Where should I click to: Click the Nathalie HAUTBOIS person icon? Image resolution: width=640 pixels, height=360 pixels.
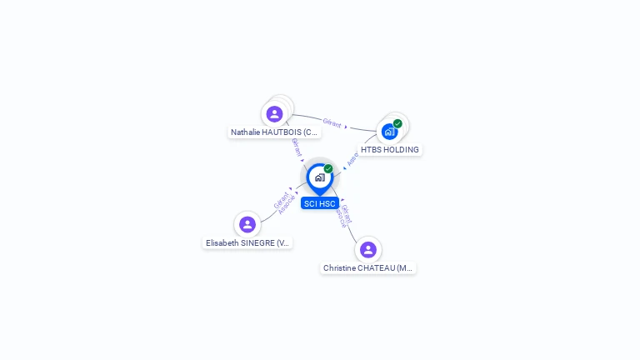pyautogui.click(x=274, y=114)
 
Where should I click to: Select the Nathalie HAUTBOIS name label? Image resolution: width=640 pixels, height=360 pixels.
pyautogui.click(x=274, y=132)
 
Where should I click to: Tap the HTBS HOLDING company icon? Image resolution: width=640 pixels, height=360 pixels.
pyautogui.click(x=389, y=132)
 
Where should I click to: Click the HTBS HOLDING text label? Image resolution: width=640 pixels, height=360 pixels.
pyautogui.click(x=390, y=150)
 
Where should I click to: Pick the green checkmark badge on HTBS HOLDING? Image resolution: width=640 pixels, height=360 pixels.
pyautogui.click(x=398, y=124)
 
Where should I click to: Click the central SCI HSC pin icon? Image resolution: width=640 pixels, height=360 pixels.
pyautogui.click(x=319, y=177)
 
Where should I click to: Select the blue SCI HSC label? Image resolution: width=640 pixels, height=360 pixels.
pyautogui.click(x=320, y=203)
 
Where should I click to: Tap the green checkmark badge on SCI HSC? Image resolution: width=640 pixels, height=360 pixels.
pyautogui.click(x=328, y=169)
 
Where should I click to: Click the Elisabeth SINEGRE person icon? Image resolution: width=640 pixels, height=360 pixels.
pyautogui.click(x=247, y=224)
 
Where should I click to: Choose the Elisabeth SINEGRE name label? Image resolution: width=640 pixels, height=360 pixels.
pyautogui.click(x=247, y=243)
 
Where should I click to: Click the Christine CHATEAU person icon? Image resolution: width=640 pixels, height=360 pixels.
pyautogui.click(x=368, y=249)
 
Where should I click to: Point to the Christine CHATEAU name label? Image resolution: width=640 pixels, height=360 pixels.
pyautogui.click(x=368, y=268)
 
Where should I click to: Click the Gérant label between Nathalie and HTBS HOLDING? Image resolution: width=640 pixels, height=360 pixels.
pyautogui.click(x=332, y=123)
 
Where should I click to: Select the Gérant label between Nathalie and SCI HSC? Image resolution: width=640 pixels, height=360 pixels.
pyautogui.click(x=297, y=147)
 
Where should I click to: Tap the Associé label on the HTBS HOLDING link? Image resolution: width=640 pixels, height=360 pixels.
pyautogui.click(x=353, y=158)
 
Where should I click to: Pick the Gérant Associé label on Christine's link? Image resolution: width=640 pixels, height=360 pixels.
pyautogui.click(x=342, y=216)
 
